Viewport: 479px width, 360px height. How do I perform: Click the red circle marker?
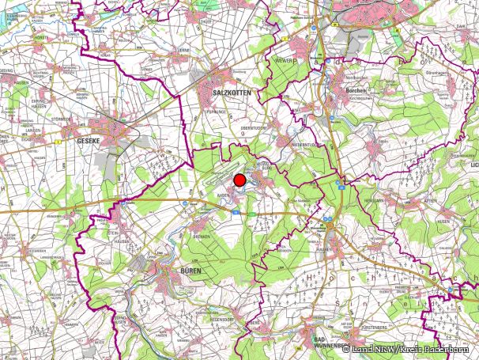239,180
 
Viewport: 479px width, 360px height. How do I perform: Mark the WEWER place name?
283,60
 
